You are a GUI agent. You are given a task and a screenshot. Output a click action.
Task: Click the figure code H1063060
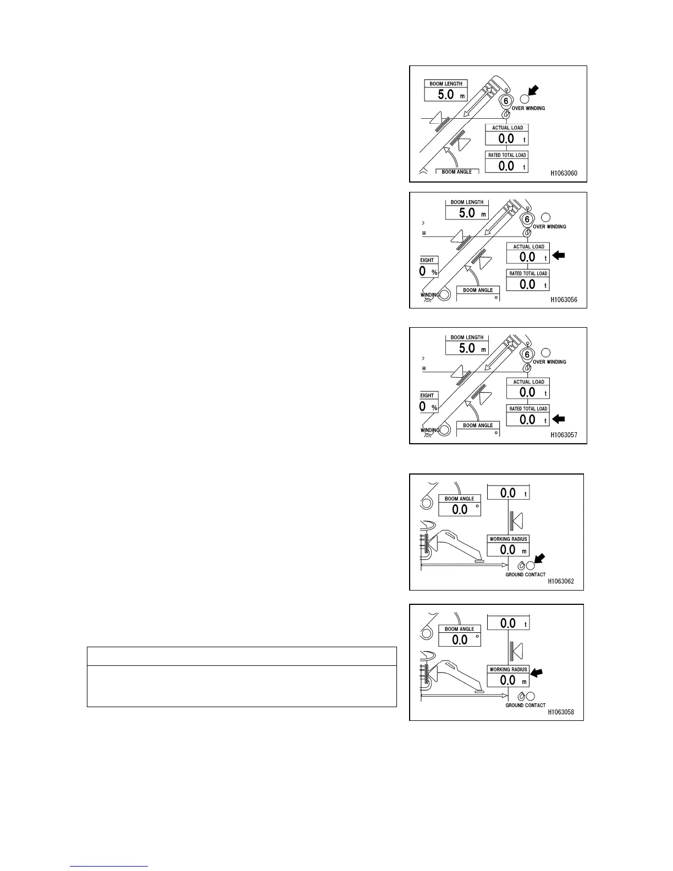tap(564, 173)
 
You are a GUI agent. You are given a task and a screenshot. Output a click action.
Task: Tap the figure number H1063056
tap(564, 300)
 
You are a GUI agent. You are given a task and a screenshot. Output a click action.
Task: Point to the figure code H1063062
tap(560, 581)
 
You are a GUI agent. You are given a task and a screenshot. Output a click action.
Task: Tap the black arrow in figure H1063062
tap(539, 559)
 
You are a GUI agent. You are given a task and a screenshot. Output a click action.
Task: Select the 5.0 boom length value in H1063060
tap(446, 95)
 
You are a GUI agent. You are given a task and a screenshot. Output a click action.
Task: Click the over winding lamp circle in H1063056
tap(545, 217)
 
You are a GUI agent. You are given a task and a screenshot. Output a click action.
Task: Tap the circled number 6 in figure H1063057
tap(527, 355)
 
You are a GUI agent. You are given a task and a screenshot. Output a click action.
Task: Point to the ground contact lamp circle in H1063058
tap(531, 697)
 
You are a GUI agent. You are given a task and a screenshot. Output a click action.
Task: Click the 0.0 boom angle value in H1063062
tap(460, 509)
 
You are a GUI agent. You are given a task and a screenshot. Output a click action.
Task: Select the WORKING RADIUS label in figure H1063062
tap(508, 539)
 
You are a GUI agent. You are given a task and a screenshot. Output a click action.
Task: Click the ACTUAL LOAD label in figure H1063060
tap(507, 128)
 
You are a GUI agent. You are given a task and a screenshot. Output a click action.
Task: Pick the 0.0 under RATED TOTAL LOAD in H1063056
tap(527, 284)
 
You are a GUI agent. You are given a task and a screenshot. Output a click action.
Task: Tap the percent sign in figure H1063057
tap(434, 407)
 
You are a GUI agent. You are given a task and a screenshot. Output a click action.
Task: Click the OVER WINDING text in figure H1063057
tap(549, 362)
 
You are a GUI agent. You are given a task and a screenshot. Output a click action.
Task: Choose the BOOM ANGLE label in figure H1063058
tap(459, 629)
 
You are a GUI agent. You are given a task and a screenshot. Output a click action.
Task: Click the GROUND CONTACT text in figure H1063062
tap(525, 575)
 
